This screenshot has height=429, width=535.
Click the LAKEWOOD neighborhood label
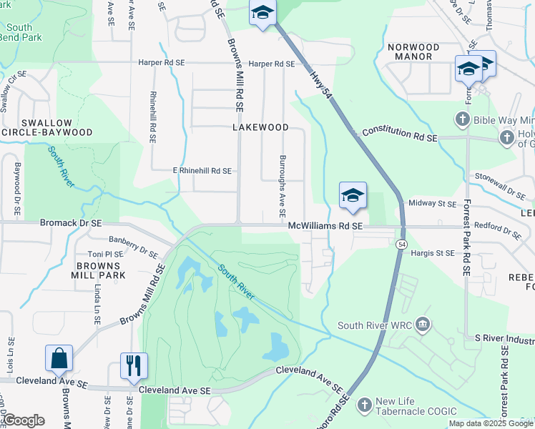tap(260, 127)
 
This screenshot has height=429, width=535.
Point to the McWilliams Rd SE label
tap(326, 226)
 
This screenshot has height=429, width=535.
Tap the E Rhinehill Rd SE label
tap(202, 171)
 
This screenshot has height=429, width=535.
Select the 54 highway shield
tap(402, 245)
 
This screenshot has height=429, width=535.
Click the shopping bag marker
tap(59, 359)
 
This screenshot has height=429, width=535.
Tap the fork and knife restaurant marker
tap(133, 366)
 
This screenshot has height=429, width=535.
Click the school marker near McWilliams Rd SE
tap(353, 195)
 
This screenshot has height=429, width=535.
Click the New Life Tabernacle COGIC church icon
tap(364, 405)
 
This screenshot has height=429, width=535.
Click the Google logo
tap(24, 420)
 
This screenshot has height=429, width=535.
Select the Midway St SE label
tap(431, 204)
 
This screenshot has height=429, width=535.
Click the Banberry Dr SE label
tap(133, 247)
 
